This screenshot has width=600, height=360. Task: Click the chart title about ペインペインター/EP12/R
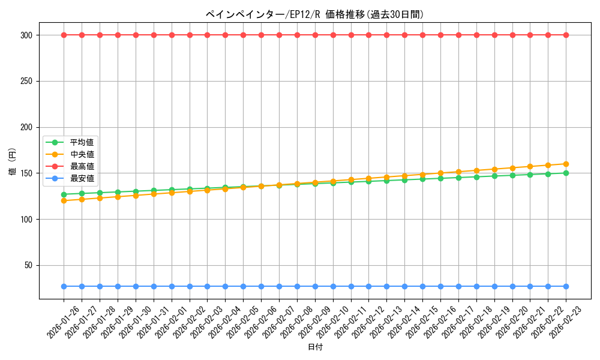pyautogui.click(x=314, y=14)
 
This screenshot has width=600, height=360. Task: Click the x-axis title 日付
pyautogui.click(x=315, y=347)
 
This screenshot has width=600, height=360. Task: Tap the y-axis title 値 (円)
pyautogui.click(x=12, y=162)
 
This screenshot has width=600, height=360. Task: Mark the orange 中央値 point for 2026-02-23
pyautogui.click(x=566, y=164)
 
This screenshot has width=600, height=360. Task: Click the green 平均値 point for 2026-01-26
pyautogui.click(x=64, y=194)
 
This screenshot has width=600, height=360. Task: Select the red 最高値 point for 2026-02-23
pyautogui.click(x=566, y=35)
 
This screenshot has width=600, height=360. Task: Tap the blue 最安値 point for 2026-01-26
pyautogui.click(x=64, y=286)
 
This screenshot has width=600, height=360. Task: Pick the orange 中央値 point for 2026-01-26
pyautogui.click(x=64, y=201)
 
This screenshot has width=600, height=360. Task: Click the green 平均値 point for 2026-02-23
pyautogui.click(x=566, y=173)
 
